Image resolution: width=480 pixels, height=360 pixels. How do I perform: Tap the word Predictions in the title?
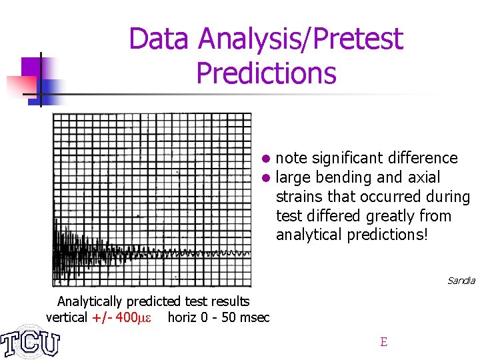coord(266,73)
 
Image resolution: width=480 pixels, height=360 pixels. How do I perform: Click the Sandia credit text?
coord(461,281)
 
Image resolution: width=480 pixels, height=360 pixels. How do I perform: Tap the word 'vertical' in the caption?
coord(66,317)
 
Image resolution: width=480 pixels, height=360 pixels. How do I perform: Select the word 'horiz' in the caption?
coord(182,317)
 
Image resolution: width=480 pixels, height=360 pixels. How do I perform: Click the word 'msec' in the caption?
coord(254,317)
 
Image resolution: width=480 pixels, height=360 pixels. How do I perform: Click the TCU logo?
coord(30,342)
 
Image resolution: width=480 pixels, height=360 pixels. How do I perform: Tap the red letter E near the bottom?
coord(383,342)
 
